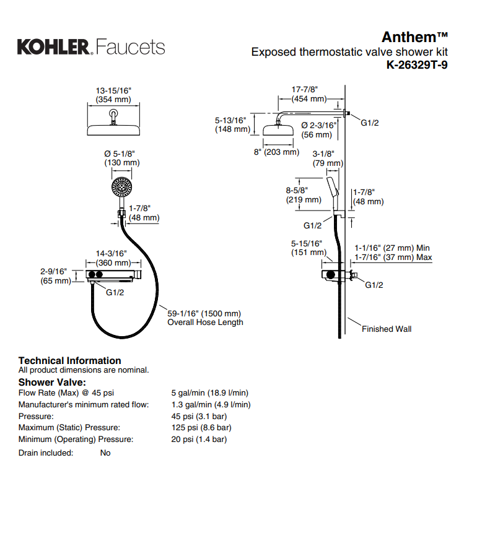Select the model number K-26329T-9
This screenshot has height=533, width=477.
click(416, 65)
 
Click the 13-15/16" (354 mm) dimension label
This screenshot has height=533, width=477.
click(113, 95)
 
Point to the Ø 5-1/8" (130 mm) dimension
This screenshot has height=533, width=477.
click(121, 158)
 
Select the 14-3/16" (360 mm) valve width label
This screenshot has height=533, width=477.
click(112, 258)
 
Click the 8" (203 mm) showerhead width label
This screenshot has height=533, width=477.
click(276, 152)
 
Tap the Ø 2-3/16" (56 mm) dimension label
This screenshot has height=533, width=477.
click(319, 129)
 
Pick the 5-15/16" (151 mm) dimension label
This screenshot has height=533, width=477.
click(308, 248)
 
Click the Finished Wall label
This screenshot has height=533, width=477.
click(387, 329)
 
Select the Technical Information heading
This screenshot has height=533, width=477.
click(69, 360)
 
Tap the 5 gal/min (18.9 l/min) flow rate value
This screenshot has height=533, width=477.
click(209, 392)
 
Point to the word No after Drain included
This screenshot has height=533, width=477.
click(105, 453)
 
